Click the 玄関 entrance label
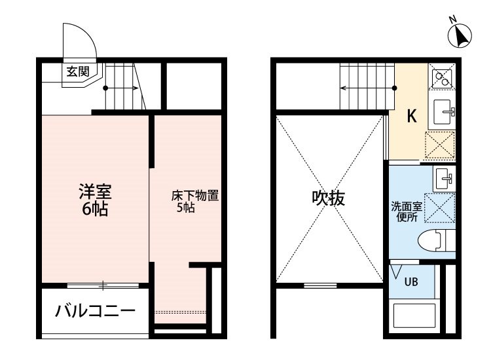(x=78, y=72)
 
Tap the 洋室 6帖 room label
(x=95, y=200)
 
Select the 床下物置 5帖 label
(x=195, y=202)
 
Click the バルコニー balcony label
(x=95, y=311)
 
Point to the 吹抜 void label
(x=329, y=198)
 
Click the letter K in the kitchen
(x=412, y=116)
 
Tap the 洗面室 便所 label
(x=407, y=211)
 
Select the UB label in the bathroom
(x=411, y=281)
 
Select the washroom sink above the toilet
(x=444, y=179)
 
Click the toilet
(x=437, y=240)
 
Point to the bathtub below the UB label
(x=412, y=316)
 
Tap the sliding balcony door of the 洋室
(x=103, y=285)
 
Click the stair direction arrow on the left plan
(x=121, y=88)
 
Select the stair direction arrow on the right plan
(x=368, y=88)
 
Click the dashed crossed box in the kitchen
(x=440, y=145)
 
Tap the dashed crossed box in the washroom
(x=439, y=208)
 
